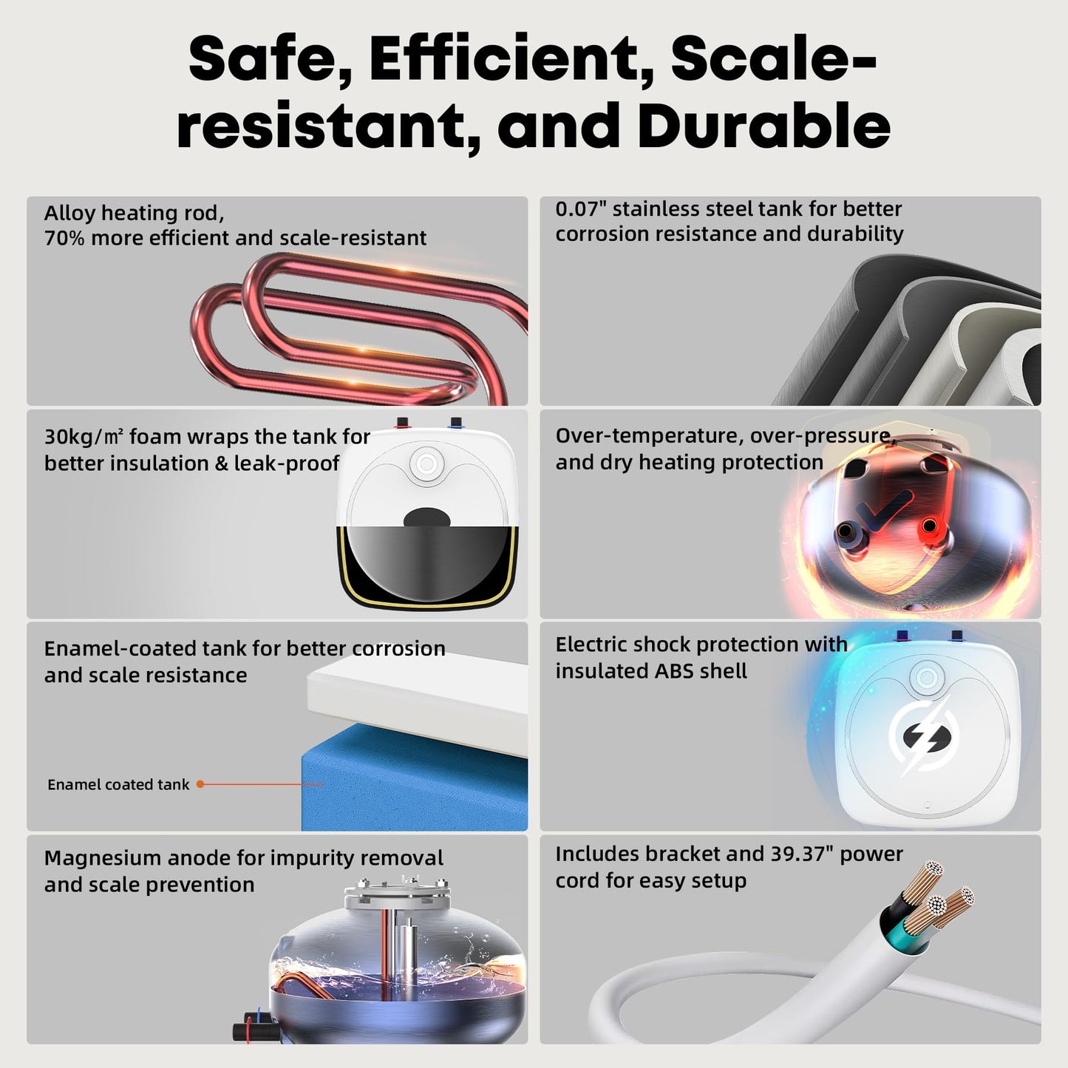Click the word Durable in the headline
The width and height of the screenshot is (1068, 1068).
[x=764, y=125]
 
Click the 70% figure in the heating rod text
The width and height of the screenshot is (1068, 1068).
[x=64, y=238]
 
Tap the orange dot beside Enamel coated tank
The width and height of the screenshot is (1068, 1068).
[x=200, y=784]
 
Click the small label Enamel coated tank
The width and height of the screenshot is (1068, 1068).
[x=118, y=784]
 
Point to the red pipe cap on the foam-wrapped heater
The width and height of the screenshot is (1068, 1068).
[x=402, y=423]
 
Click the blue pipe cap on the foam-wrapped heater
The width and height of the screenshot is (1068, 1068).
[x=455, y=423]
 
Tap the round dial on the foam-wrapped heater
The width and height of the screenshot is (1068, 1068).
[x=426, y=464]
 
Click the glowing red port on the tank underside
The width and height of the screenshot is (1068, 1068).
[x=928, y=526]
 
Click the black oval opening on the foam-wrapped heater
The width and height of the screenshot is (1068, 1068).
[x=426, y=517]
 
